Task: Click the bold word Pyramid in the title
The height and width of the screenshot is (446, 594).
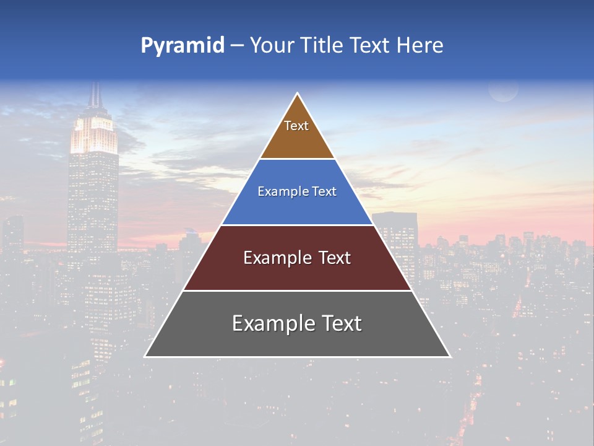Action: (x=183, y=46)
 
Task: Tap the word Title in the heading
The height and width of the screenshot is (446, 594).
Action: (x=321, y=45)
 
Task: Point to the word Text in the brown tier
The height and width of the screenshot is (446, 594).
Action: (x=296, y=126)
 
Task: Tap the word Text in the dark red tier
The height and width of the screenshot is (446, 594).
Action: (x=331, y=258)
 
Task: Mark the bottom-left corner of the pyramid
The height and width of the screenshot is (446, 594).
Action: (x=145, y=356)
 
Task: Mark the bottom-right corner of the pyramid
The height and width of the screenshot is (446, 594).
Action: (x=450, y=356)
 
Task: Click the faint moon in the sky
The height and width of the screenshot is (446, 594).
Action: (x=503, y=90)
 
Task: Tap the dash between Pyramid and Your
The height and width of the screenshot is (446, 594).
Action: (x=237, y=46)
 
